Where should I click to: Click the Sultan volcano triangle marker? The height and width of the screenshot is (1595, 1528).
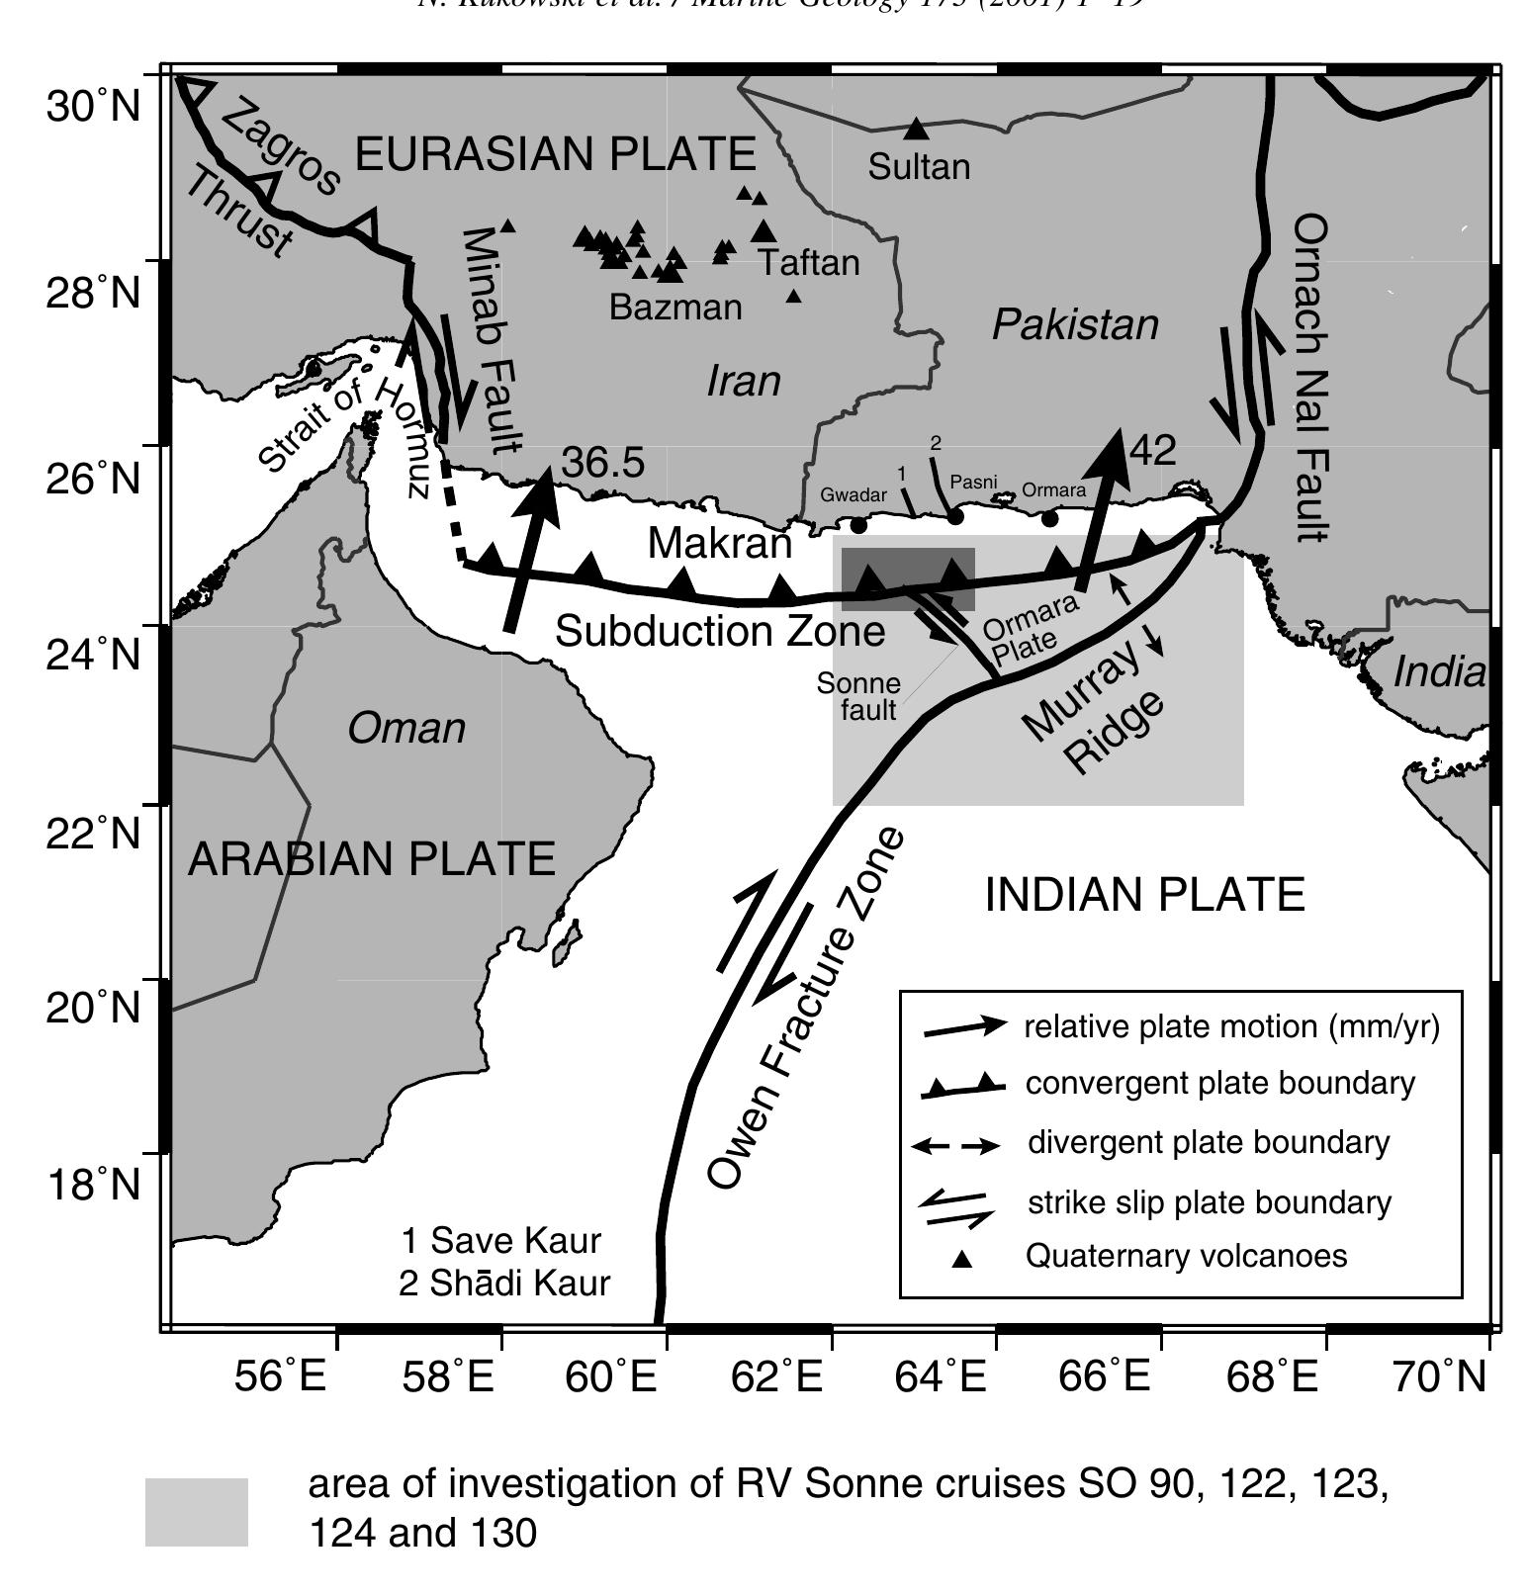coord(916,129)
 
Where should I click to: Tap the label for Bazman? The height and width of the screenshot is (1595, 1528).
coord(675,307)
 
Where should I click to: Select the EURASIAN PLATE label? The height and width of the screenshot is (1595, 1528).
coord(555,154)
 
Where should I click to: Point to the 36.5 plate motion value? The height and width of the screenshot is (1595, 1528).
coord(602,462)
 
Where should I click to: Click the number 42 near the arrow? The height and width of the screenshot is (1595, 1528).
coord(1152,450)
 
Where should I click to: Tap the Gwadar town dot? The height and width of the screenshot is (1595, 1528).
coord(858,524)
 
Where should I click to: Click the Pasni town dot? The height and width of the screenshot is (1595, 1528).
coord(954,516)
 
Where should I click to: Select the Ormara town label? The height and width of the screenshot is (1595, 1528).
coord(1053,489)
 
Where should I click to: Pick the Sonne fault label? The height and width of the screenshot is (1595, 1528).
coord(859,696)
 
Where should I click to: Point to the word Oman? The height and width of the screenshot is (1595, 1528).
coord(406,729)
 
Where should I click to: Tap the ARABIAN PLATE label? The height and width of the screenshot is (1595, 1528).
coord(371,858)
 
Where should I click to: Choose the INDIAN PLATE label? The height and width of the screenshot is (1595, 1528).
coord(1145,895)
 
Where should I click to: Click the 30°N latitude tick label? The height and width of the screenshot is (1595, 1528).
coord(93,105)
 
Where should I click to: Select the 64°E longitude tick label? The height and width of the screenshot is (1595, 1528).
coord(941,1375)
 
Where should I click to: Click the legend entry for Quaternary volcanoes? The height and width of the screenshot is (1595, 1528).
coord(1186,1256)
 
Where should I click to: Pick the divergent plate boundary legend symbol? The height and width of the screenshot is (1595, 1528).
coord(954,1147)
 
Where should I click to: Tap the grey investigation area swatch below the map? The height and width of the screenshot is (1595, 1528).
coord(196,1511)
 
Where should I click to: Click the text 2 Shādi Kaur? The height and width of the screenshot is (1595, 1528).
coord(504,1283)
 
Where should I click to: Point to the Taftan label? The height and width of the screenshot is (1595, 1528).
coord(809,263)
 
